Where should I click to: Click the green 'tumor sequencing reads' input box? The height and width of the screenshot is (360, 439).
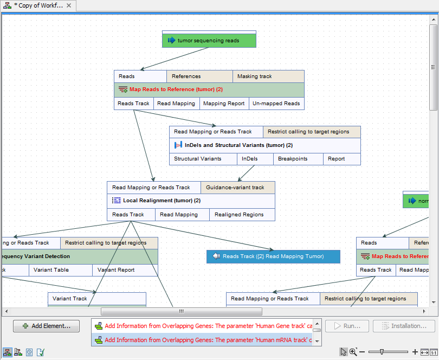[x=209, y=41]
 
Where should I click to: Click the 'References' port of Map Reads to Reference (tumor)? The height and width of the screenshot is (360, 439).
[x=199, y=76]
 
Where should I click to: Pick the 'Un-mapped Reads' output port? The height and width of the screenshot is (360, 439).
[x=276, y=104]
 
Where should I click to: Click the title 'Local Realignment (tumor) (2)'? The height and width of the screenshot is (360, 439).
[x=162, y=201]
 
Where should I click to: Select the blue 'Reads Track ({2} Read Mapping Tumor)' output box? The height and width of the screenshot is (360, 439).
[x=273, y=256]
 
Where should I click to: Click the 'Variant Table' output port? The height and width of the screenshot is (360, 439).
[x=60, y=270]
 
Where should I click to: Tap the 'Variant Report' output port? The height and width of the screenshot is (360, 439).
[x=125, y=270]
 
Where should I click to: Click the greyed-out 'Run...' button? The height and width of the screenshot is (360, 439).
[x=347, y=326]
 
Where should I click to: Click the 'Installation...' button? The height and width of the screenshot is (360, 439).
[x=408, y=326]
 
